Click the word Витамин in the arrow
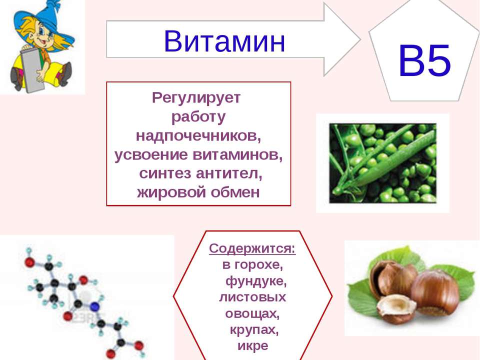[x=224, y=41]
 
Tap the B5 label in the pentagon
[x=425, y=60]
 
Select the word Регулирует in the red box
[x=196, y=98]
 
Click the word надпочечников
[x=198, y=135]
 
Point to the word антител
[x=229, y=173]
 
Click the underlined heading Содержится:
[x=252, y=248]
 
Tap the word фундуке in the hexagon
[x=256, y=281]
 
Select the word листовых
[x=252, y=297]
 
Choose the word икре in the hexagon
[x=253, y=346]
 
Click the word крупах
[x=254, y=330]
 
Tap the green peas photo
[x=382, y=163]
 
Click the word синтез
[x=165, y=173]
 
